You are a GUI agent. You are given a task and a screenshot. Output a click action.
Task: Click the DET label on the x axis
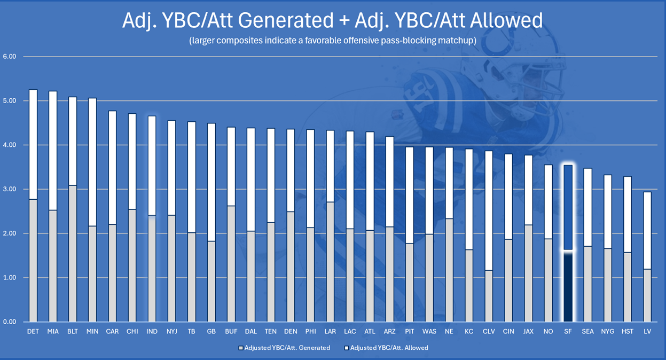(33, 332)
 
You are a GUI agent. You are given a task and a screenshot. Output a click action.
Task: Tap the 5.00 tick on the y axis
(10, 101)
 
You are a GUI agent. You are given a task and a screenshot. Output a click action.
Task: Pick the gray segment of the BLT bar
(73, 254)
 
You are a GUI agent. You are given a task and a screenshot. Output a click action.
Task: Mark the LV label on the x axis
(647, 332)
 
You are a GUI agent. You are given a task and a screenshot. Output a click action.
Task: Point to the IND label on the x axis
(152, 332)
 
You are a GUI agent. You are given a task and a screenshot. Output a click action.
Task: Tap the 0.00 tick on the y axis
(10, 322)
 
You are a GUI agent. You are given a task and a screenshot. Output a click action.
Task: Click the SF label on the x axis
(568, 332)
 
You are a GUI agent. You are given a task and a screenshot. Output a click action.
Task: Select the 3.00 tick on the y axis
(10, 190)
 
